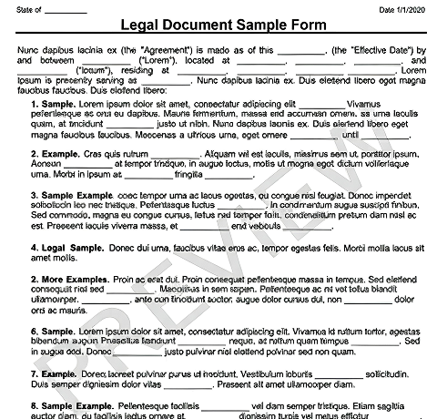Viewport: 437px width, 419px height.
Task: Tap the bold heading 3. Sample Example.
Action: coord(72,194)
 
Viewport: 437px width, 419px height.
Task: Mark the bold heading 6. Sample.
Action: coord(53,332)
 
